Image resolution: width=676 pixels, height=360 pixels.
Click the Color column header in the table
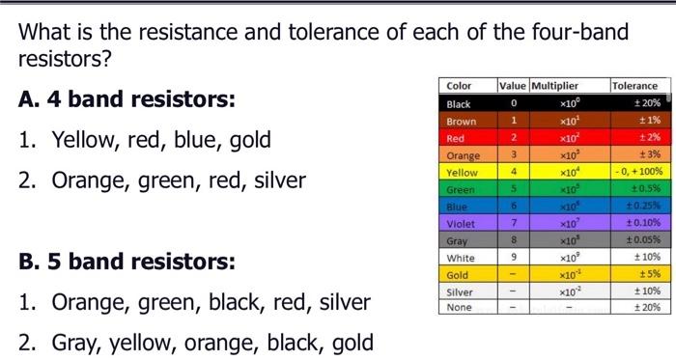[x=460, y=86]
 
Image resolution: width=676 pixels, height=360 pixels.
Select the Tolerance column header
[x=634, y=86]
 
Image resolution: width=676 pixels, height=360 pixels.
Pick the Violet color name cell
[x=461, y=223]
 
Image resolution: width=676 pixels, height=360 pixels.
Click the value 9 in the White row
[x=515, y=258]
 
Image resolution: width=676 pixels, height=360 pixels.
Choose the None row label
[x=460, y=308]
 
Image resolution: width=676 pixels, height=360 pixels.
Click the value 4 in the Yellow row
[x=515, y=172]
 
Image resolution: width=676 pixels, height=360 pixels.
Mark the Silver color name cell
[x=461, y=291]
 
